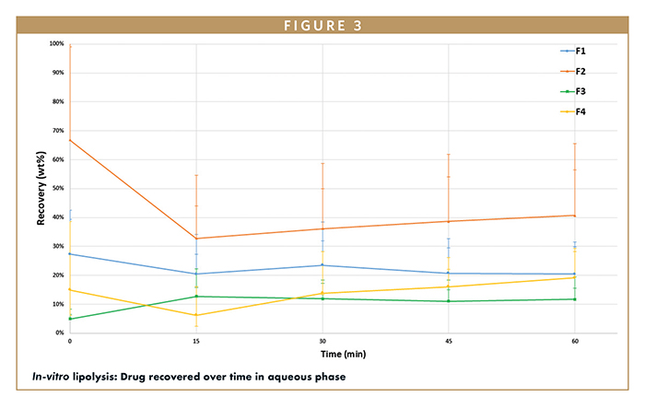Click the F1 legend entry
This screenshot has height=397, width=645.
tap(580, 51)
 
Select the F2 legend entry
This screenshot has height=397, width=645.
tap(580, 71)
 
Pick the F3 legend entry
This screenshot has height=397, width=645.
tap(580, 91)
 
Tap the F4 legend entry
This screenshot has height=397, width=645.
tap(580, 111)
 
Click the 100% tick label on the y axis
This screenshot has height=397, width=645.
tap(55, 44)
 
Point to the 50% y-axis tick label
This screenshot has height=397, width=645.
tap(57, 188)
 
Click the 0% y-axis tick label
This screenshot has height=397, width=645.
tap(59, 333)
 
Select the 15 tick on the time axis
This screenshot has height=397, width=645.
tap(196, 341)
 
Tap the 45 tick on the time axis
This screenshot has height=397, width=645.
tap(449, 341)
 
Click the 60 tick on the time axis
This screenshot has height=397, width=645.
tap(575, 341)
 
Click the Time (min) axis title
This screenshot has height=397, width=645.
tap(322, 353)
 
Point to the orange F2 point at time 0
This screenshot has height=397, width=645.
tap(70, 140)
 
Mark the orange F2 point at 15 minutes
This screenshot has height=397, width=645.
tap(196, 239)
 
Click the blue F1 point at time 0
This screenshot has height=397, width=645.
tap(70, 253)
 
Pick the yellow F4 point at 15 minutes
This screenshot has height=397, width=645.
tap(196, 315)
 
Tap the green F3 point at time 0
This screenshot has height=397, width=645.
tap(70, 319)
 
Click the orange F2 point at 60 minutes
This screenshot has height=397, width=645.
tap(575, 216)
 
